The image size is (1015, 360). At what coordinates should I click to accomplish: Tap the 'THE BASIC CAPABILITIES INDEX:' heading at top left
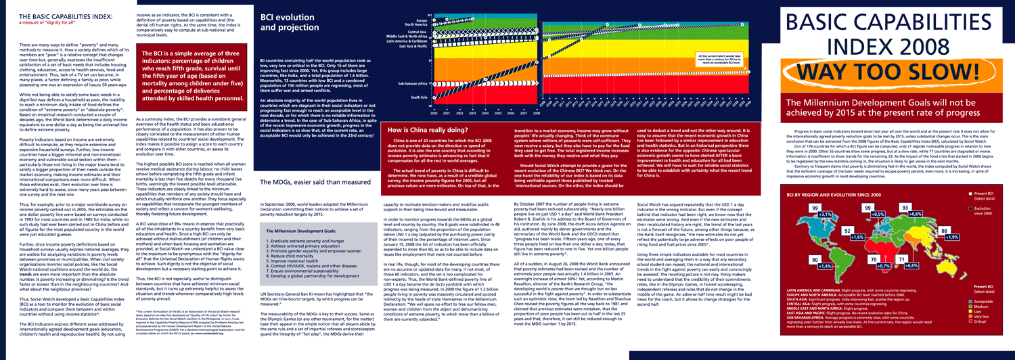tap(55, 16)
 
